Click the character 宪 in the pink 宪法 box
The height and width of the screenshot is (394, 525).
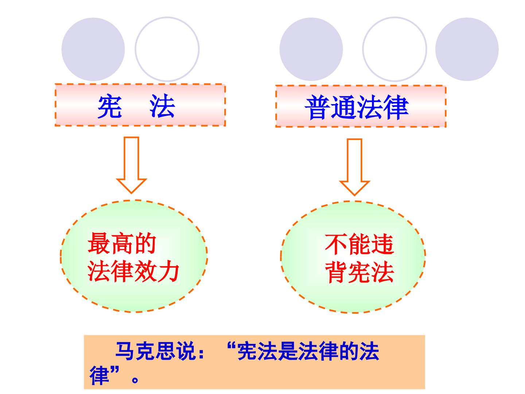tap(110, 106)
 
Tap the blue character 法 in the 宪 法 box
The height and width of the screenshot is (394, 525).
tap(162, 106)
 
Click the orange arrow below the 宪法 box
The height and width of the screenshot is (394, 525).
tap(131, 165)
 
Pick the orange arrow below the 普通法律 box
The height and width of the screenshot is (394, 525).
tap(354, 167)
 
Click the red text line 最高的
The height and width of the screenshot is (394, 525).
tap(122, 244)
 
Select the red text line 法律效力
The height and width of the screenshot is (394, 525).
tap(133, 271)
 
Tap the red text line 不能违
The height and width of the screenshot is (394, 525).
tap(359, 244)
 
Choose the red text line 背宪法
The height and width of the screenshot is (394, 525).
tap(359, 272)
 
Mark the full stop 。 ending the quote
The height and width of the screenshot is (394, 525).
tap(135, 380)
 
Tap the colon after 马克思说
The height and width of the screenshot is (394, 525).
tap(201, 353)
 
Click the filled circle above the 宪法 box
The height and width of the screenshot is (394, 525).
tap(93, 49)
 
